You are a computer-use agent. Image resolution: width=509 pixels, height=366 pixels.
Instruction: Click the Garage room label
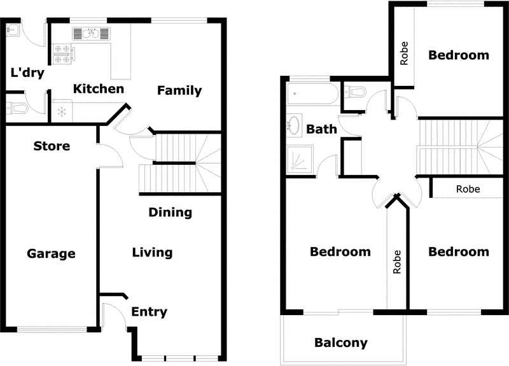[x=51, y=254]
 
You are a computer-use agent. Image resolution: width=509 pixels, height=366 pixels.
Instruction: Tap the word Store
[x=52, y=146]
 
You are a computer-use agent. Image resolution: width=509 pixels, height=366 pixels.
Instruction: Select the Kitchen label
[x=98, y=88]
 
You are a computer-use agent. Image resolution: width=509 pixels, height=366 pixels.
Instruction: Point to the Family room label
[x=179, y=90]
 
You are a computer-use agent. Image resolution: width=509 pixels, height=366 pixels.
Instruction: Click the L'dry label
[x=27, y=73]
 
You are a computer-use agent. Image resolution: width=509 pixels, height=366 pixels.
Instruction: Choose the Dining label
[x=170, y=212]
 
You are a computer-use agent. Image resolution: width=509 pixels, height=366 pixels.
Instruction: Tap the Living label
[x=152, y=253]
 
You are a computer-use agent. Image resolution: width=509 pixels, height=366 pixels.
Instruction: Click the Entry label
[x=149, y=312]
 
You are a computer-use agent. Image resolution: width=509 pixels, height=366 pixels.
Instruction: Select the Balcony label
[x=341, y=343]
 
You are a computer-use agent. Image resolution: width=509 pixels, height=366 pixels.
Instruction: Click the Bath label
[x=322, y=129]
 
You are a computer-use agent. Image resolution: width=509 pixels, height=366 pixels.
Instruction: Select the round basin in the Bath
[x=295, y=125]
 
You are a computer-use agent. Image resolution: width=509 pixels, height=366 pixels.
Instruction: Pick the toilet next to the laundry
[x=17, y=108]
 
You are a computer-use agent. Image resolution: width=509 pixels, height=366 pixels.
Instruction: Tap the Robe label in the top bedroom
[x=404, y=53]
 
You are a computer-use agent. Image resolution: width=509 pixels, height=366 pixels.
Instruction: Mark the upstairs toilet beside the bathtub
[x=356, y=93]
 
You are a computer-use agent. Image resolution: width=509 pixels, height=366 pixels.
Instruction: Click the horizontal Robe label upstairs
[x=468, y=189]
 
